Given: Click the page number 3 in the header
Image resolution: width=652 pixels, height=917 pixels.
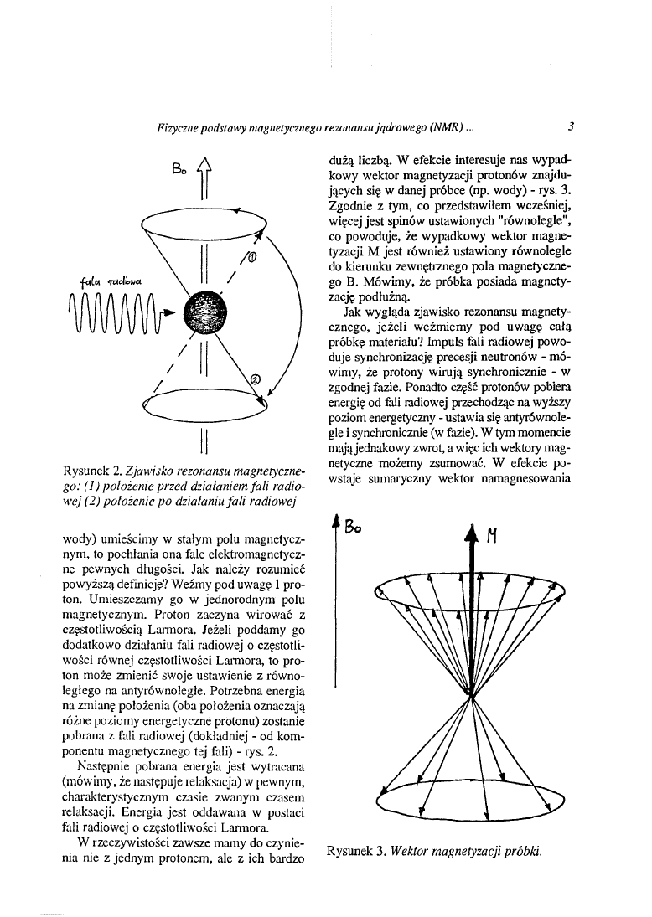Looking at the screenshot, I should pyautogui.click(x=569, y=128).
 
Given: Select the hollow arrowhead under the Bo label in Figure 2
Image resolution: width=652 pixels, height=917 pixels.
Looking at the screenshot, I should pyautogui.click(x=204, y=172).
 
